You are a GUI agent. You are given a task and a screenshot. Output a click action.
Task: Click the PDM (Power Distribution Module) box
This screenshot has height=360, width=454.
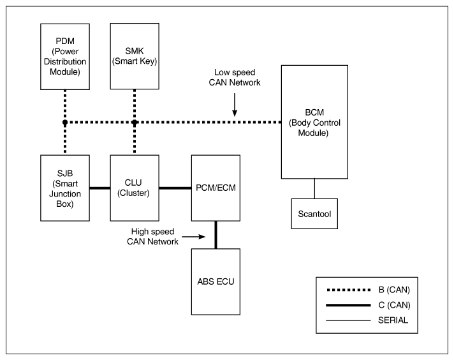point(65,57)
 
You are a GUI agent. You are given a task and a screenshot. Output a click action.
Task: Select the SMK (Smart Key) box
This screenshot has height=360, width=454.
point(135,56)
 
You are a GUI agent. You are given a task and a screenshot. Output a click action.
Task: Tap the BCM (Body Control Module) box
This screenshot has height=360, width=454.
point(314,122)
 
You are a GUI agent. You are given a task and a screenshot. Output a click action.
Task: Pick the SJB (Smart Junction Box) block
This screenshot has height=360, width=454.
point(65,188)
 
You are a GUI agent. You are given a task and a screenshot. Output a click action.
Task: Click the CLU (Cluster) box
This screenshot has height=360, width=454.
point(135,188)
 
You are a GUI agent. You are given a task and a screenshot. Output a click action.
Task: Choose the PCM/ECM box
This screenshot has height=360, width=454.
point(216,188)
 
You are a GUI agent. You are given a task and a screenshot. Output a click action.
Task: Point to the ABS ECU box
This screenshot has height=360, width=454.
point(216,281)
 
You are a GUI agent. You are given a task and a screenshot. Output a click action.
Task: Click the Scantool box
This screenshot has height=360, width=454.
point(314,214)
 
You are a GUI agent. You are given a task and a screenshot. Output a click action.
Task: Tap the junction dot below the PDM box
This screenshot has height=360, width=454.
point(65,123)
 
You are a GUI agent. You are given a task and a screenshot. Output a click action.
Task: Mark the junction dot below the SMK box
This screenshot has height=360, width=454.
point(135,123)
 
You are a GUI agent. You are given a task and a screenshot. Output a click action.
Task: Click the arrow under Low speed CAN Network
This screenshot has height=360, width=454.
point(235,105)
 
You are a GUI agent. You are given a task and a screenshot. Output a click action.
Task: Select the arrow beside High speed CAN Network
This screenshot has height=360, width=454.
point(193,237)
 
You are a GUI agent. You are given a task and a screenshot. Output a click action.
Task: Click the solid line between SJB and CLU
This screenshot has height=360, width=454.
point(100,188)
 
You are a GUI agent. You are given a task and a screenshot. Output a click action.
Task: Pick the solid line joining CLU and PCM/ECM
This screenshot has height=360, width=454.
point(175,188)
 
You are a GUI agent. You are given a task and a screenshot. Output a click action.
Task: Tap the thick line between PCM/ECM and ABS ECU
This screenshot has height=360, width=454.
point(216,235)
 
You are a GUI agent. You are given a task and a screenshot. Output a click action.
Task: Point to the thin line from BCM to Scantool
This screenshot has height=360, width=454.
point(314,188)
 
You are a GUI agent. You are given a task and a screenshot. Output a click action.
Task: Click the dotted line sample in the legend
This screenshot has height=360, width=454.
point(349,290)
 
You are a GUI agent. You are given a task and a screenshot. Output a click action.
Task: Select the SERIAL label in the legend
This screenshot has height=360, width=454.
point(393,320)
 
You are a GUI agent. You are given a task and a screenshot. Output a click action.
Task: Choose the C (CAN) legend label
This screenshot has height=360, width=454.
point(394,305)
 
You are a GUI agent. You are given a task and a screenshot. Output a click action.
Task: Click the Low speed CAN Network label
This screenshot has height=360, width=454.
point(235,77)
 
